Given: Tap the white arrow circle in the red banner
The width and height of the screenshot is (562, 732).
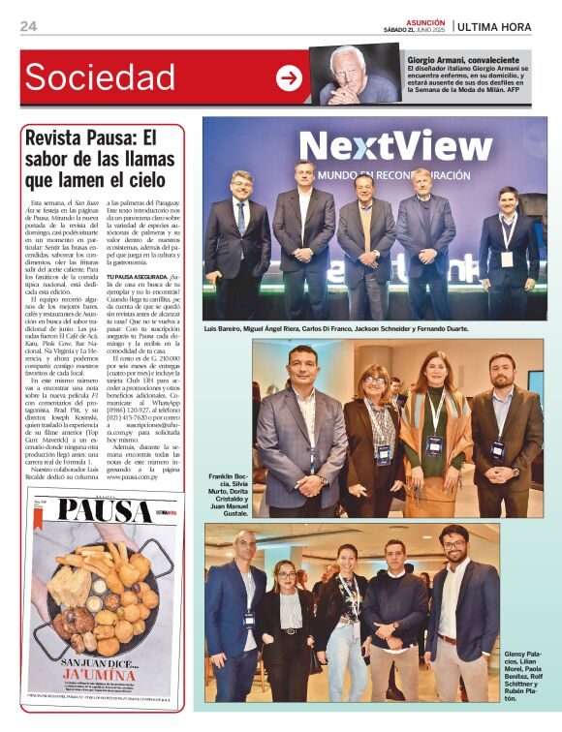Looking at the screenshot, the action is click(x=289, y=78).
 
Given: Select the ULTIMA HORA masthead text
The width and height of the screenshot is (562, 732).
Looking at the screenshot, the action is click(x=495, y=26).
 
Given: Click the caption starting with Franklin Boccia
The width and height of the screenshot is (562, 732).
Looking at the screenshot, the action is click(x=229, y=495).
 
